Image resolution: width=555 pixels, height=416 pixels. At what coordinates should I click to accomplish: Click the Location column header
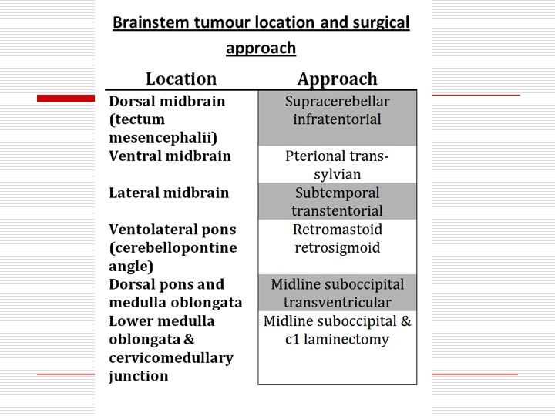[181, 79]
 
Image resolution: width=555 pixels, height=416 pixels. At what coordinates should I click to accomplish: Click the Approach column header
[338, 79]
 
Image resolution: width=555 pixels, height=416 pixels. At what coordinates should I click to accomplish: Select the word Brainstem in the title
[151, 22]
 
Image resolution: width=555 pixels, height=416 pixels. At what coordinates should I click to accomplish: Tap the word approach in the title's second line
[261, 49]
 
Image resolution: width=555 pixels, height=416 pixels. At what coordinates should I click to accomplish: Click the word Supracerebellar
[338, 102]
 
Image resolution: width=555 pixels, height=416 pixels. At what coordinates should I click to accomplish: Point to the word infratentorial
[337, 119]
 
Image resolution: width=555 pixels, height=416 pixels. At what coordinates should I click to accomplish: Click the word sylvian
[338, 174]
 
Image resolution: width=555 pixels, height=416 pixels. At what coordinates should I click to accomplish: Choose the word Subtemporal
[338, 193]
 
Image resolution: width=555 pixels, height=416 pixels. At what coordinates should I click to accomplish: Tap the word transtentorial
[337, 211]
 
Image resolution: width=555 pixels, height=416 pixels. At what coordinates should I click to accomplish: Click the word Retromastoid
[338, 230]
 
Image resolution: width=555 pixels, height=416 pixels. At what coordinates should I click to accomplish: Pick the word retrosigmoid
[338, 248]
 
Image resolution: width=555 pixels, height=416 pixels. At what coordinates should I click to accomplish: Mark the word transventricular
[338, 303]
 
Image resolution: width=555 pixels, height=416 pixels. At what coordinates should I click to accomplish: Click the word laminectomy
[346, 339]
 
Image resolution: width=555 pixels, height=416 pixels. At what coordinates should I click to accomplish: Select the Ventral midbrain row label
[170, 156]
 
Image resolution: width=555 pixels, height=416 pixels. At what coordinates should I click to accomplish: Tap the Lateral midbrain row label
[169, 193]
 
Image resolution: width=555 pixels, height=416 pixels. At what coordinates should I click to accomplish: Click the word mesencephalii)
[163, 138]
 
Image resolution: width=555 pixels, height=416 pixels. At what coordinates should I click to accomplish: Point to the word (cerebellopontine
[173, 248]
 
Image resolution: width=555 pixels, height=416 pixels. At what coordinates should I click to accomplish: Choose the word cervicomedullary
[171, 358]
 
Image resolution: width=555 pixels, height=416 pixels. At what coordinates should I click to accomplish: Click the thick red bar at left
[66, 98]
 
